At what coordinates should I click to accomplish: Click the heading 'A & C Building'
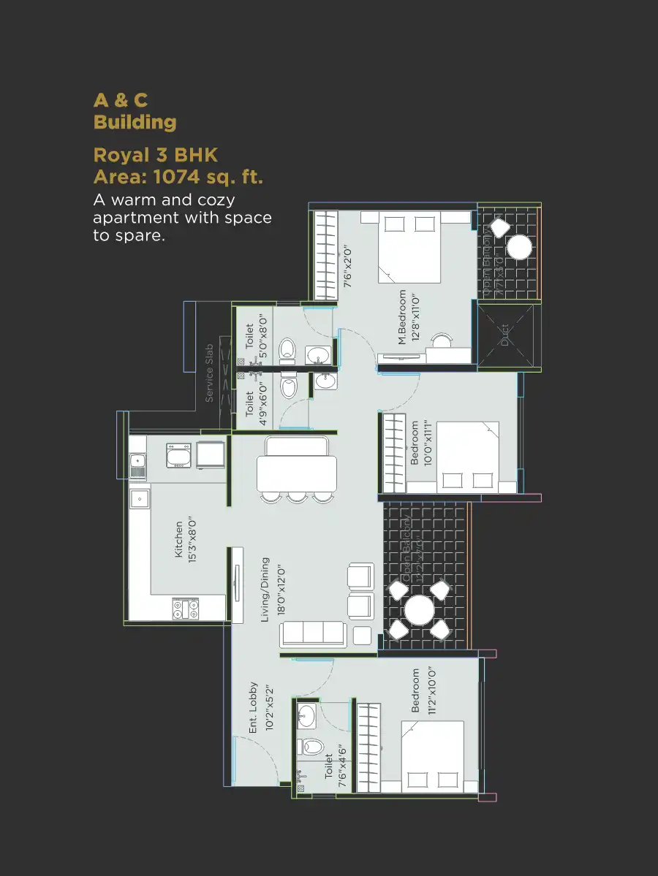pos(135,111)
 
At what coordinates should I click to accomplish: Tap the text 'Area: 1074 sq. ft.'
pos(178,177)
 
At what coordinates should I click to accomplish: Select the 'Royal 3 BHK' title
pos(156,155)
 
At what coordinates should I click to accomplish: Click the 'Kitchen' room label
pos(179,539)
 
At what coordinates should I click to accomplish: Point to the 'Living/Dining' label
pos(265,590)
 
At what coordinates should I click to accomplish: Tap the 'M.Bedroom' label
pos(402,317)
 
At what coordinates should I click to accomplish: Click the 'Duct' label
pos(504,335)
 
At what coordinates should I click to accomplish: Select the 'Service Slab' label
pos(209,373)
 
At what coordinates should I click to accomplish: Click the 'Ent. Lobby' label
pos(254,708)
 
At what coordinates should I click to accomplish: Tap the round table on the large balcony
pos(419,611)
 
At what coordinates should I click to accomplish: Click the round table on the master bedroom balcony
pos(519,248)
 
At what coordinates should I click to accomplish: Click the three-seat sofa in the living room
pos(313,634)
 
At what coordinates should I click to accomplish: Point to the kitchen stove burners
pos(186,608)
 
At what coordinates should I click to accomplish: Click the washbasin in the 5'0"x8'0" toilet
pos(317,355)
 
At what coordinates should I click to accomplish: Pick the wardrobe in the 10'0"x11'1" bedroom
pos(394,453)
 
